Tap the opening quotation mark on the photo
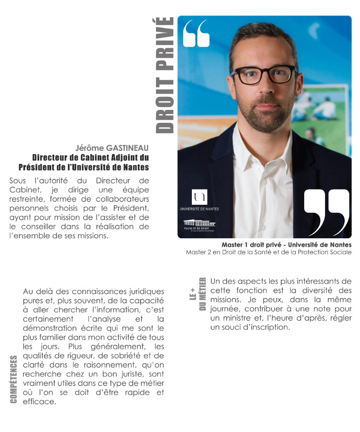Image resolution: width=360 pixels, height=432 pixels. pyautogui.click(x=197, y=34)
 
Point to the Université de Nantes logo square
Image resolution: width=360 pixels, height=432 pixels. pyautogui.click(x=199, y=197)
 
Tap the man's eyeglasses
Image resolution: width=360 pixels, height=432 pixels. pyautogui.click(x=263, y=74)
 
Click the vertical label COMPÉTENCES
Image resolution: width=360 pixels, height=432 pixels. pyautogui.click(x=14, y=379)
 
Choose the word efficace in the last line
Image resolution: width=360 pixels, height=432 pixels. pyautogui.click(x=39, y=401)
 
